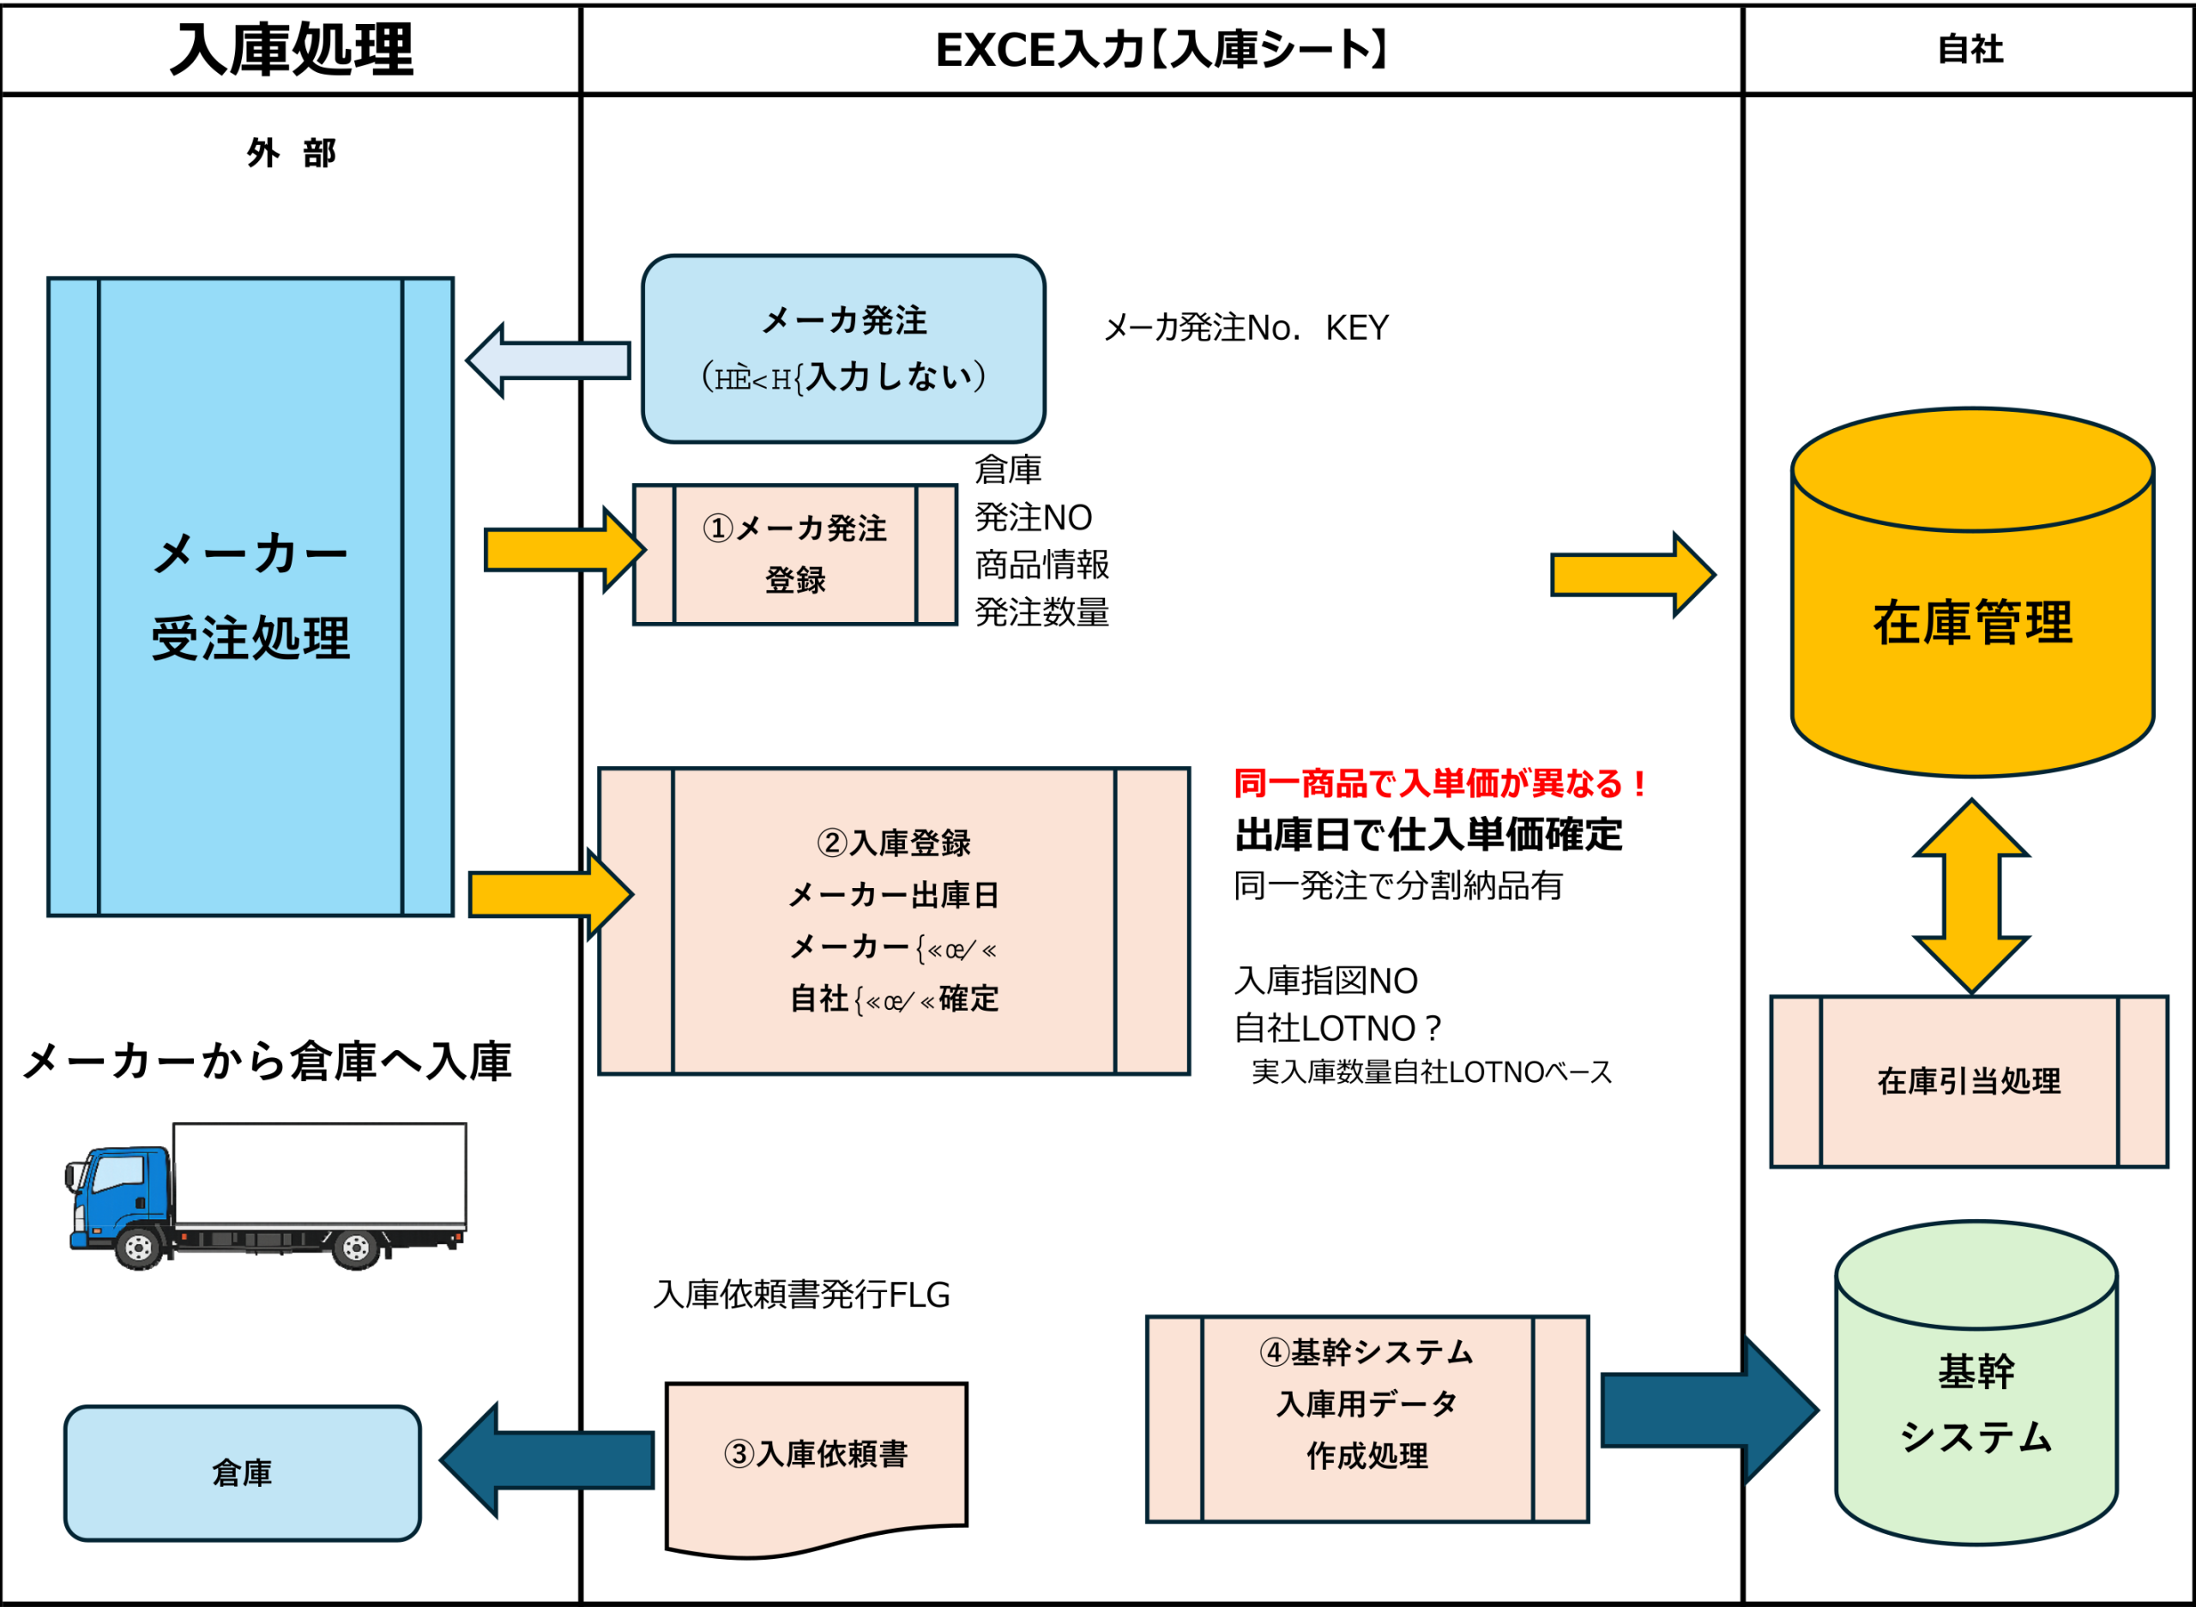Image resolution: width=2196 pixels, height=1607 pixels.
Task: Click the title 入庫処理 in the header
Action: tap(292, 50)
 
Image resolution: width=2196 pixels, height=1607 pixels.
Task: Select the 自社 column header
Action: tap(1970, 50)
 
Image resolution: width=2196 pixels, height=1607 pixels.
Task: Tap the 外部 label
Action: tap(291, 153)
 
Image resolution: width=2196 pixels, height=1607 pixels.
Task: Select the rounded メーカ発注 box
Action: tap(843, 348)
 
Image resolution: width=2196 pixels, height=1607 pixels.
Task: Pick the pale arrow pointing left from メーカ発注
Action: tap(546, 359)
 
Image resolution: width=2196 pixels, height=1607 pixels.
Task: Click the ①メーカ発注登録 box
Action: tap(794, 553)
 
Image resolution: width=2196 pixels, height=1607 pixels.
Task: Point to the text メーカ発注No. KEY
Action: tap(1246, 328)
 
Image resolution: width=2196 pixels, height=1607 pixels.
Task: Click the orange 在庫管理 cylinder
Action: tap(1971, 623)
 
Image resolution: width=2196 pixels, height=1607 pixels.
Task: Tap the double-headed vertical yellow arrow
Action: tap(1971, 896)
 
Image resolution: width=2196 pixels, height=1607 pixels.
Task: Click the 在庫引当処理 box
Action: tap(1969, 1081)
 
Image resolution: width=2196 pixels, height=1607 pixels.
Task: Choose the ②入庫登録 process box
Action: tap(893, 921)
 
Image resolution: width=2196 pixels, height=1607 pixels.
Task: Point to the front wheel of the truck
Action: tap(138, 1248)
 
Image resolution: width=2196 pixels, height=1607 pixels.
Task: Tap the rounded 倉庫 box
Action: tap(242, 1473)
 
